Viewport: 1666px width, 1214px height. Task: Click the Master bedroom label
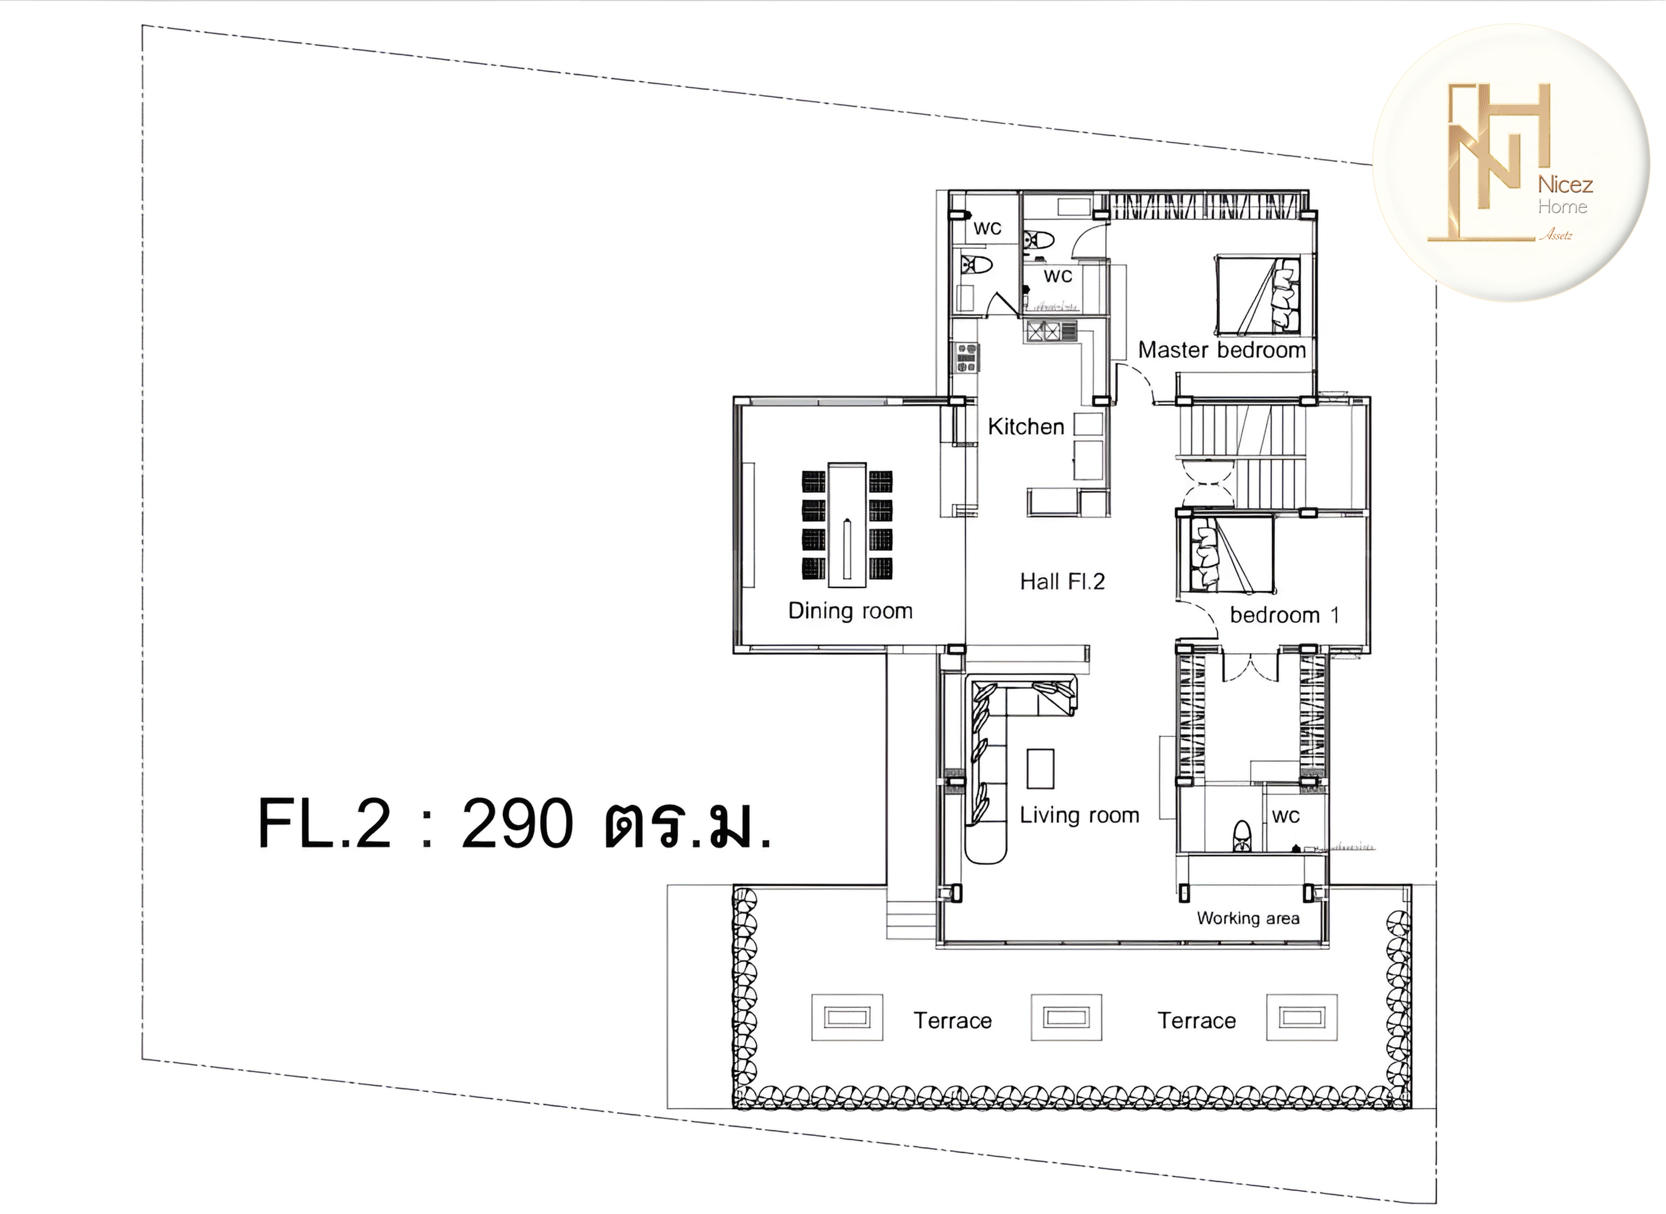coord(1221,350)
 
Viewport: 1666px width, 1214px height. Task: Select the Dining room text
coord(850,611)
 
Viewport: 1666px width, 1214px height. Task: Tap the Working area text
coord(1248,918)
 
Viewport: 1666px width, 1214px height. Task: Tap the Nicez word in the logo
coord(1566,184)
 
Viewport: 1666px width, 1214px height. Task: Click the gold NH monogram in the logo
coord(1487,163)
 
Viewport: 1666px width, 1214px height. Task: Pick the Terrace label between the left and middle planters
coord(952,1021)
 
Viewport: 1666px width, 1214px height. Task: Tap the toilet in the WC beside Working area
coord(1241,836)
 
